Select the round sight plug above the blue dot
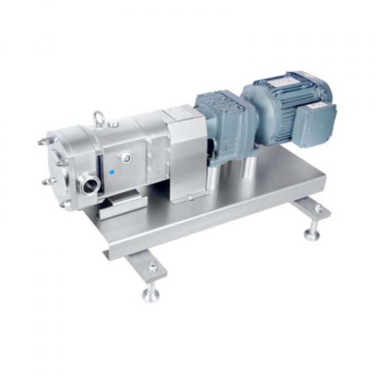[126, 157]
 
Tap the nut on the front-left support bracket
[153, 266]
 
